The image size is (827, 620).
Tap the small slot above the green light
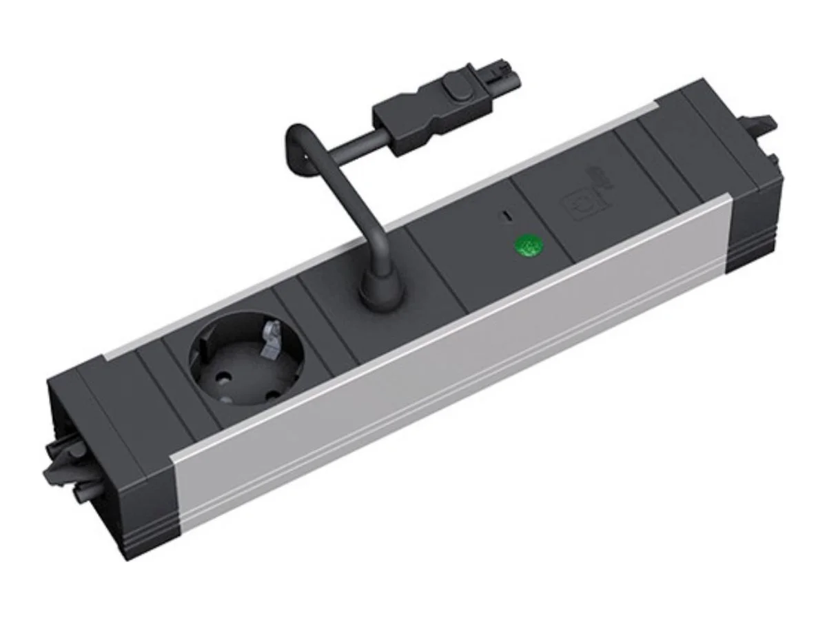(506, 216)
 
